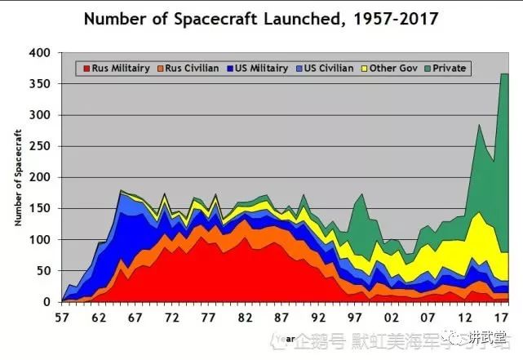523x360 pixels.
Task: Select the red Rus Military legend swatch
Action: (85, 68)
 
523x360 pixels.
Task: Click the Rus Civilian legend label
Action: (193, 68)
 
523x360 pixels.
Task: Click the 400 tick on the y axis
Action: (40, 53)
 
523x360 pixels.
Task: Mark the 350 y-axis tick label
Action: (40, 84)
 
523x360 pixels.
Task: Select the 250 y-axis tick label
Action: (40, 146)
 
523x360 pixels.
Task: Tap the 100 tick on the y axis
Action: (40, 240)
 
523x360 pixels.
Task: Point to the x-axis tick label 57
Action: (62, 317)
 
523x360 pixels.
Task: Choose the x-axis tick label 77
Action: (210, 317)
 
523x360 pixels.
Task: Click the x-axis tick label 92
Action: (320, 317)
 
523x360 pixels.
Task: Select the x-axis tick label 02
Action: (393, 317)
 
